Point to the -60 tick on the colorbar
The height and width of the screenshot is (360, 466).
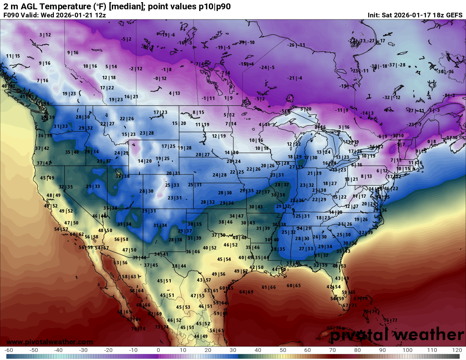tap(8, 350)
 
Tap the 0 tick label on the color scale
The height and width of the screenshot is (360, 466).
tap(158, 350)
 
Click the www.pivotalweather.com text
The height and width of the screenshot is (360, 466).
tap(50, 342)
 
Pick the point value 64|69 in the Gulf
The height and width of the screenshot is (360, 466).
tap(246, 292)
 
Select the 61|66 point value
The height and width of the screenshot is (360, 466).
tap(269, 287)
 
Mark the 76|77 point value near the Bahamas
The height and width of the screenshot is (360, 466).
tap(390, 320)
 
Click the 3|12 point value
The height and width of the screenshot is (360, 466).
tap(45, 35)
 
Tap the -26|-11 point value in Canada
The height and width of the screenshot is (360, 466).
tap(296, 45)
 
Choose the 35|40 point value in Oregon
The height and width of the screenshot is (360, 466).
tap(72, 152)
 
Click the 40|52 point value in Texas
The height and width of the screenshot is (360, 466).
tap(210, 248)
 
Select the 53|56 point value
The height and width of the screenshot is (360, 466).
tap(121, 263)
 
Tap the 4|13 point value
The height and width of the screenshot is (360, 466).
tap(175, 93)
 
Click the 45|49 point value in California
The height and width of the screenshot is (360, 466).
tap(47, 178)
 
